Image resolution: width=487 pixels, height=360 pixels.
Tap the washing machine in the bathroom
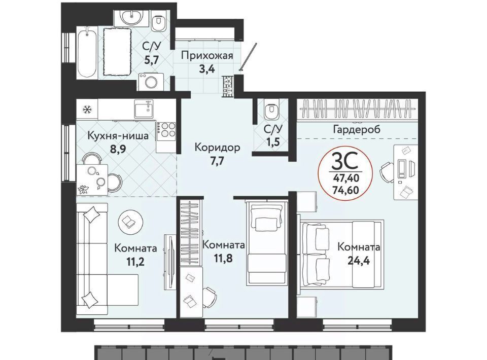151,82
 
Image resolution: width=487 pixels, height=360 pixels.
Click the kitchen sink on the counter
145,109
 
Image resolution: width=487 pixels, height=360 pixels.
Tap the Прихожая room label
207,56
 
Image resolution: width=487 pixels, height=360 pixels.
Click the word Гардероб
356,129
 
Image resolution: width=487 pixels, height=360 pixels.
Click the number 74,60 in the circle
345,189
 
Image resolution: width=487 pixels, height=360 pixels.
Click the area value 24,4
359,261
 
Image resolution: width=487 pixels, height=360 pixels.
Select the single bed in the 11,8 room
267,243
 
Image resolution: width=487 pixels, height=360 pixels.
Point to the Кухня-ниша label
118,135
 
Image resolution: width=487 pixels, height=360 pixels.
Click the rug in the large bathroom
117,52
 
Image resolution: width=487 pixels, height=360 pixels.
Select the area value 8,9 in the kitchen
118,149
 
